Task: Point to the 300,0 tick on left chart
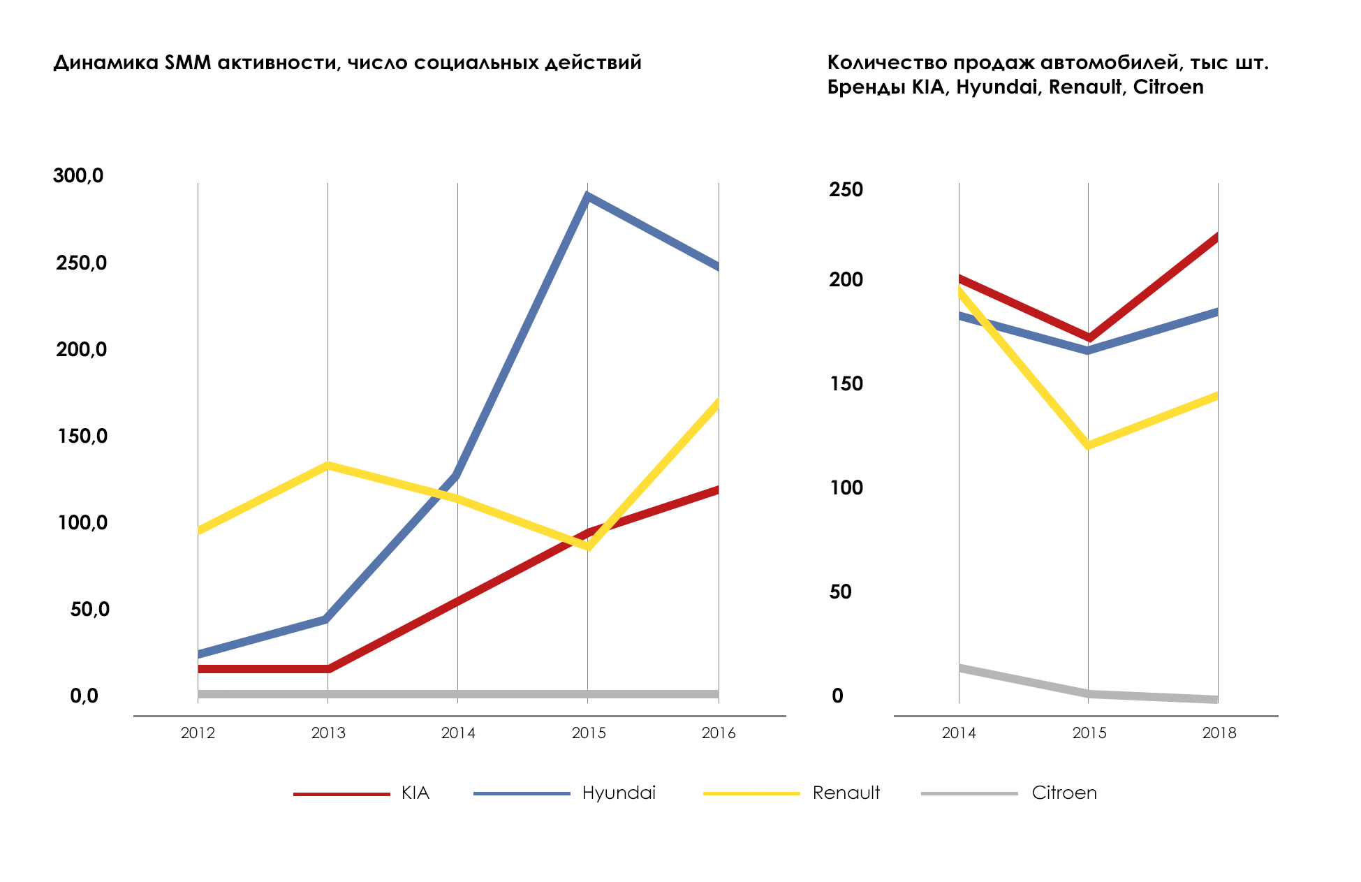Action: point(78,175)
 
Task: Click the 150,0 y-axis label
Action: point(82,436)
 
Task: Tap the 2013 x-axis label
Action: point(328,733)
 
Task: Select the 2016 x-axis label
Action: point(719,733)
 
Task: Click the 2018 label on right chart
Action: point(1219,733)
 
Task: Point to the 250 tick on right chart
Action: point(846,189)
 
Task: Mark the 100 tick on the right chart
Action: point(846,487)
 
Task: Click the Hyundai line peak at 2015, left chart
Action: point(588,196)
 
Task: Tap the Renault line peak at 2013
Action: point(328,465)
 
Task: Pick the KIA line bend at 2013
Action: point(328,669)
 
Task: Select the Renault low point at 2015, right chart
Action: point(1088,445)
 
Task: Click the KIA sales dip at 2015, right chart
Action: point(1088,338)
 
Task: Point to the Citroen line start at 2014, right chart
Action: point(961,668)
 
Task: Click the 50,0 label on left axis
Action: point(89,609)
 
